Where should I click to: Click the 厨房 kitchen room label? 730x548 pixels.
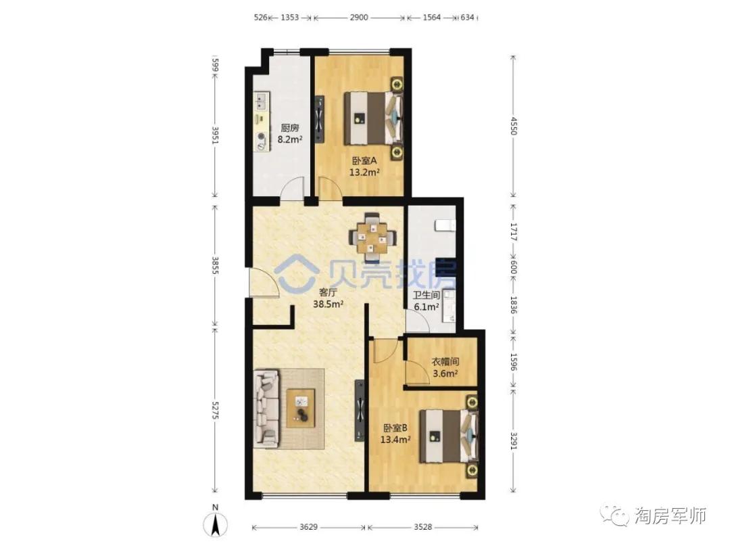point(289,128)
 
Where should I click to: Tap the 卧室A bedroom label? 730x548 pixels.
point(364,161)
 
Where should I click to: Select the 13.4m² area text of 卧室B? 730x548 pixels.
point(395,439)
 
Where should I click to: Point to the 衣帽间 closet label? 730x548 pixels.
point(445,361)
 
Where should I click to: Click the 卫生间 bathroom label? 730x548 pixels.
point(427,295)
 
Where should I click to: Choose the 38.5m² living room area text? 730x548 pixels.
point(328,304)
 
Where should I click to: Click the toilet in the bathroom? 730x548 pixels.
point(444,225)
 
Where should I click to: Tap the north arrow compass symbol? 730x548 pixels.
point(215,522)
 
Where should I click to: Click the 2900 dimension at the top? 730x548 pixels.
point(358,18)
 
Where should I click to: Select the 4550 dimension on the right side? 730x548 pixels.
point(513,126)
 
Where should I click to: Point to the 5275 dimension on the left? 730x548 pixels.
point(215,410)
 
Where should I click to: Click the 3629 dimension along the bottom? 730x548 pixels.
point(308,527)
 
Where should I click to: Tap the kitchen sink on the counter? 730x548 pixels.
point(260,101)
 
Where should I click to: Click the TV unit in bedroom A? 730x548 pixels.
point(319,119)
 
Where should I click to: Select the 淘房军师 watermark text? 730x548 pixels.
point(670,516)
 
